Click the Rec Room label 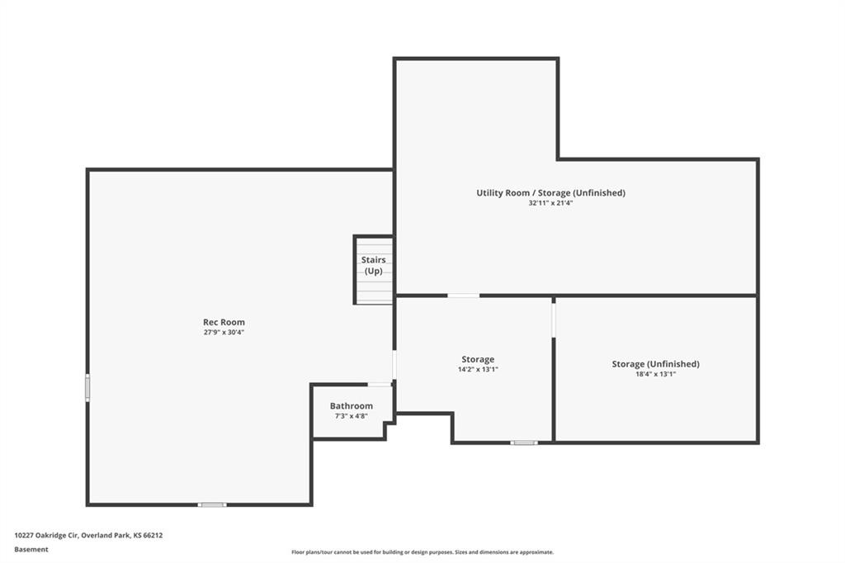[224, 322]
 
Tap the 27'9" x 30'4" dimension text [224, 332]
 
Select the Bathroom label [352, 406]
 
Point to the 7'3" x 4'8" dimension [352, 416]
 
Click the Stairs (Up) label [374, 265]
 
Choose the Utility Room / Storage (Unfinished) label [550, 192]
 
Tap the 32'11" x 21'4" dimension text [550, 203]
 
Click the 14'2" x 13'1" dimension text [478, 369]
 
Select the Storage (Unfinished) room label [655, 364]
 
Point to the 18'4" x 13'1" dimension [655, 374]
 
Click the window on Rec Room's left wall [87, 388]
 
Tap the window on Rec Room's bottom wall [212, 504]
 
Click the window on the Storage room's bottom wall [524, 442]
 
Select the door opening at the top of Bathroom [380, 385]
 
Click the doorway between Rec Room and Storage [394, 365]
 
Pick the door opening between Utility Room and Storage [464, 296]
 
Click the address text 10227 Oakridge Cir [47, 536]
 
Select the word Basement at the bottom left [31, 550]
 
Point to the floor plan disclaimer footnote [422, 552]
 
